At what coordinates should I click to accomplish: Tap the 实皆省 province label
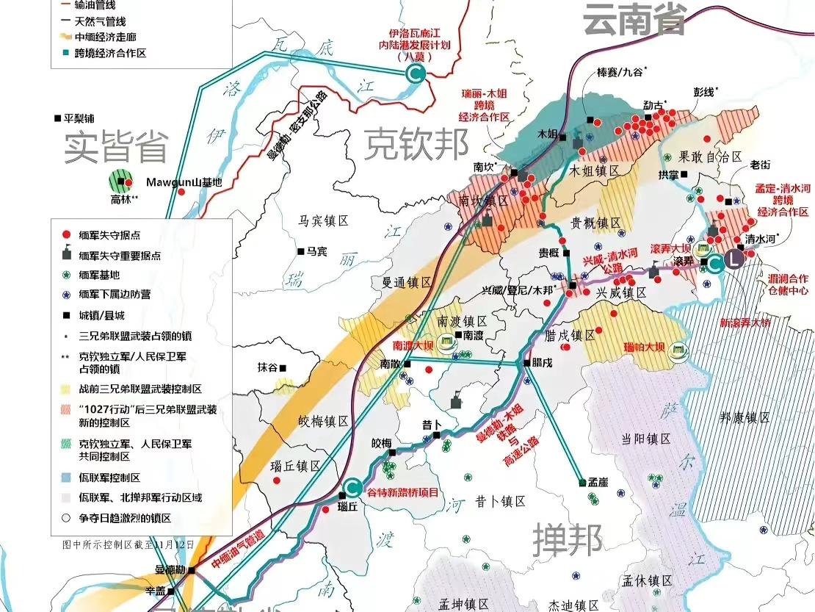[x=116, y=148]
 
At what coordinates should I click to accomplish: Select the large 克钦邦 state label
[x=417, y=143]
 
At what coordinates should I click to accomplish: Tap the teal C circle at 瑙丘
[x=352, y=487]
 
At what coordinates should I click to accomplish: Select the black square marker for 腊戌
[x=526, y=363]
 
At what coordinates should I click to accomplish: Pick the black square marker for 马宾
[x=301, y=251]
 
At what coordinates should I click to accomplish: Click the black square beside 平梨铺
[x=58, y=118]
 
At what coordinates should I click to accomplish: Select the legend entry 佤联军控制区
[x=109, y=478]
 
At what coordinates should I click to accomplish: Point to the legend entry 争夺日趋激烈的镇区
[x=124, y=518]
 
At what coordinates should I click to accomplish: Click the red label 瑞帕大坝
[x=644, y=347]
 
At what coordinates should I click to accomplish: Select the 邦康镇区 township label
[x=744, y=417]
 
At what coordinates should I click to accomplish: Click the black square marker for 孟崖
[x=582, y=483]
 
